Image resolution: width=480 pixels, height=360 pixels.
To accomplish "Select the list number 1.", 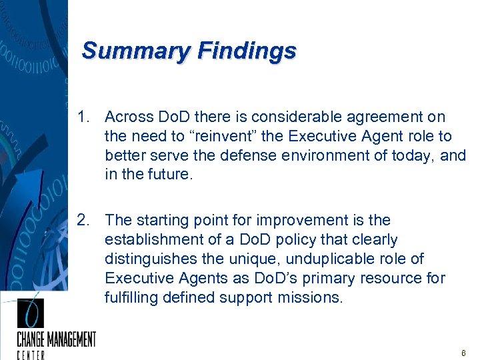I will (x=82, y=117).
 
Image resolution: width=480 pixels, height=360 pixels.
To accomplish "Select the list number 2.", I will (x=82, y=221).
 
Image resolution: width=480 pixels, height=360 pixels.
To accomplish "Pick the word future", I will (x=173, y=175).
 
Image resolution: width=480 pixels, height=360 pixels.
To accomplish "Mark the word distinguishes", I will (x=151, y=259).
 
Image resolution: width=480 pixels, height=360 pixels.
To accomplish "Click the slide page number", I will (x=463, y=352).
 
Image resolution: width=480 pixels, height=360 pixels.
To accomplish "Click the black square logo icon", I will (x=30, y=313).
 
